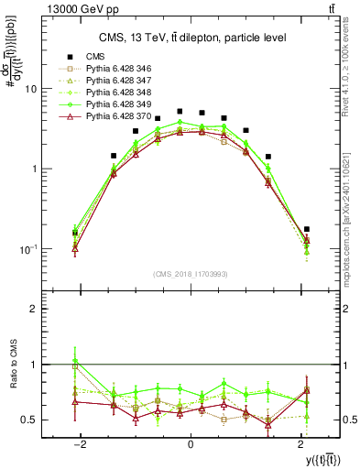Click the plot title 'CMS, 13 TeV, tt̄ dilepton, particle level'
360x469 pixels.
[192, 38]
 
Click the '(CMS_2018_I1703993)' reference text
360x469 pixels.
[191, 274]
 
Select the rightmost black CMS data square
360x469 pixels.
[306, 229]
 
